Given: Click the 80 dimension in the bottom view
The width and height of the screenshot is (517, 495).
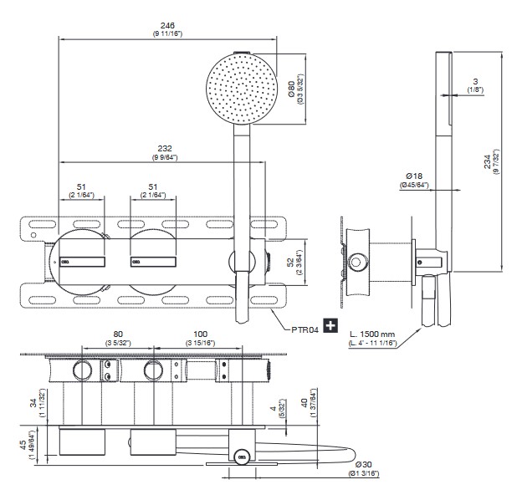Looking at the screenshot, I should pyautogui.click(x=118, y=333).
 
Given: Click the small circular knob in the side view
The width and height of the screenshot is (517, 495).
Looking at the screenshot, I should pyautogui.click(x=357, y=262).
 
